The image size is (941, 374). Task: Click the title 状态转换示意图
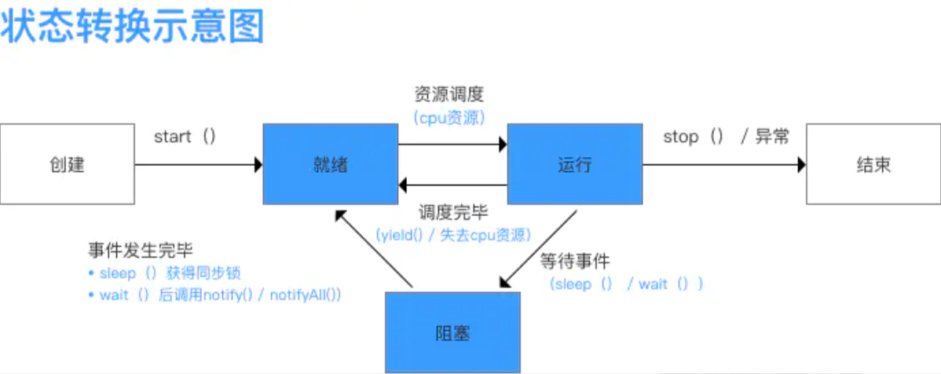point(132,26)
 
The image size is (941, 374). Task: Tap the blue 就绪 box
point(330,164)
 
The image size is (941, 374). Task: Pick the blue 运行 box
point(574,164)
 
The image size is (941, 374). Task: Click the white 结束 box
point(873,164)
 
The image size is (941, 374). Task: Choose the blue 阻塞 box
point(452,332)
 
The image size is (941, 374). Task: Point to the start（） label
point(185,137)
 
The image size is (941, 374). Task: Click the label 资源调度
point(449,95)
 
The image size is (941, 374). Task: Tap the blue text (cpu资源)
point(449,118)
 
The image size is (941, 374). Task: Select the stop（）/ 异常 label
point(726,137)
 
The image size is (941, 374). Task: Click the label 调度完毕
point(452,212)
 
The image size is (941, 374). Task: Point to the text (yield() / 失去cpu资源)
point(452,235)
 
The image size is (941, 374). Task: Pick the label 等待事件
point(575,261)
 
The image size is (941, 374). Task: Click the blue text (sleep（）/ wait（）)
point(625,284)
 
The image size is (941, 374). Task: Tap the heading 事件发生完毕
point(140,251)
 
